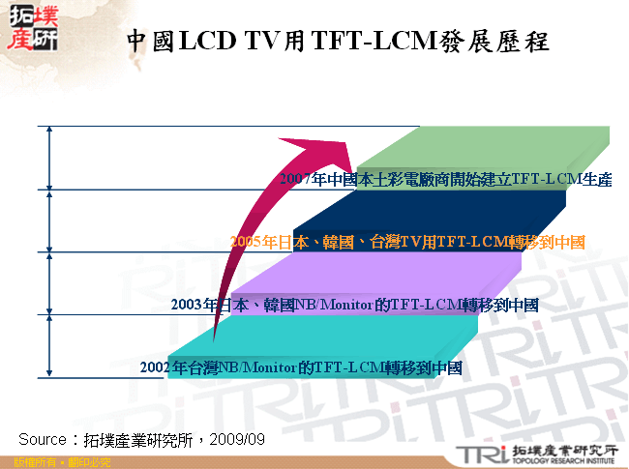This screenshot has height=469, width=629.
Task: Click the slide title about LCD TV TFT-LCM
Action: tap(339, 41)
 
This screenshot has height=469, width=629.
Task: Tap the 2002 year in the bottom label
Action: tap(157, 367)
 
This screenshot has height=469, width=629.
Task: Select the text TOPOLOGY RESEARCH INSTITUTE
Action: tap(561, 461)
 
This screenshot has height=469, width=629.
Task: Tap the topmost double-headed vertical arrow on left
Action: tap(46, 158)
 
